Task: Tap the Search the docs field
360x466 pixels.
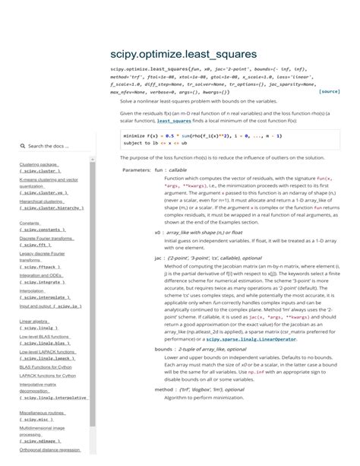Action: pos(50,145)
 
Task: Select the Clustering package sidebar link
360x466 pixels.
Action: pos(39,164)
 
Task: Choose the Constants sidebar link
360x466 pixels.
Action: pos(30,223)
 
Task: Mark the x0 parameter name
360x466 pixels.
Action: pos(157,233)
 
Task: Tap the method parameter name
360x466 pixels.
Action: pos(164,388)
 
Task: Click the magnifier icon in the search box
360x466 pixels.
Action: pos(24,145)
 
